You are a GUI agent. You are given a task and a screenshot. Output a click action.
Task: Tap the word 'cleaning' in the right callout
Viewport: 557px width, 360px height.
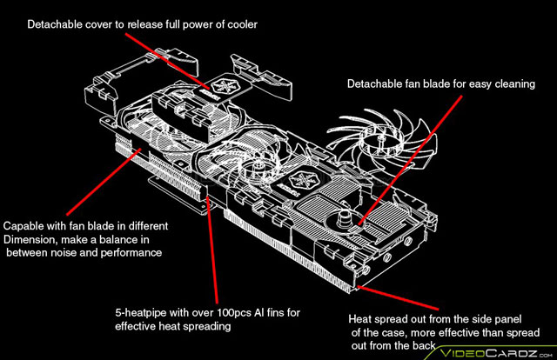[509, 84]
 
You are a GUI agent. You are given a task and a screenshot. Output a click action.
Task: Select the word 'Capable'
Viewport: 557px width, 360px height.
[25, 226]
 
